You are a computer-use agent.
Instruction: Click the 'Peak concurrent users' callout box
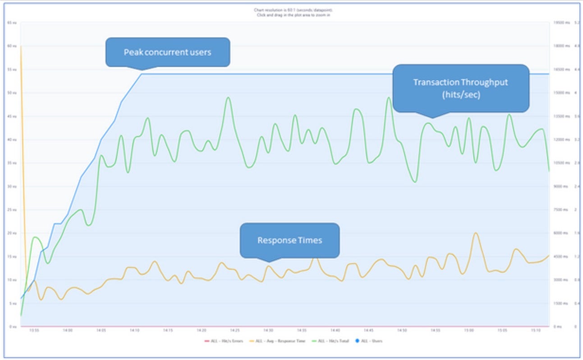click(x=167, y=52)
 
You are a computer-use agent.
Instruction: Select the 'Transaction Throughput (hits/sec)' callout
click(x=460, y=88)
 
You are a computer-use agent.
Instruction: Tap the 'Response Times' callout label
click(x=289, y=240)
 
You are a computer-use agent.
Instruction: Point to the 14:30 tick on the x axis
click(x=268, y=331)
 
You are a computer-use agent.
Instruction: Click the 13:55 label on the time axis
click(x=34, y=331)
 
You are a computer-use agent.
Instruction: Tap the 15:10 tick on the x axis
click(x=535, y=331)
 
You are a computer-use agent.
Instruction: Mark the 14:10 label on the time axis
click(x=134, y=331)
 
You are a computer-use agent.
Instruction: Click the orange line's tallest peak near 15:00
click(x=475, y=233)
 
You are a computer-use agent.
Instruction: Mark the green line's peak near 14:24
click(x=228, y=97)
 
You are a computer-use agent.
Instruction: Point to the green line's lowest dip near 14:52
click(x=414, y=182)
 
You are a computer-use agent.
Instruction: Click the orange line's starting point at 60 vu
click(x=21, y=46)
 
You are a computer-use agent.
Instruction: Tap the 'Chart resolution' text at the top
click(x=293, y=10)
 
